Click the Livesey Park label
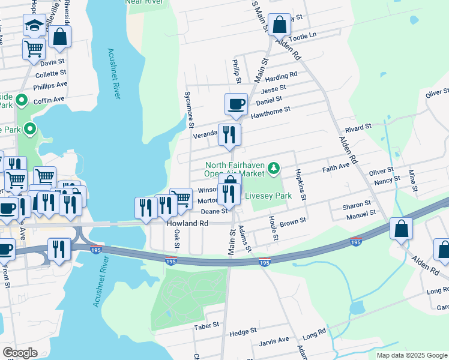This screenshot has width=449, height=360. point(268,196)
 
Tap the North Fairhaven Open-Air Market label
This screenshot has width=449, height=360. point(235,169)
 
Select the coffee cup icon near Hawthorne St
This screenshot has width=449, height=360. point(237,104)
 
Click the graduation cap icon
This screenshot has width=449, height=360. point(35,25)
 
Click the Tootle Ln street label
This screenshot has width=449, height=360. point(303,37)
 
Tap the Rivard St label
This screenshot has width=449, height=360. point(358,127)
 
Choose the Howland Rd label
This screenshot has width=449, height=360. point(187,223)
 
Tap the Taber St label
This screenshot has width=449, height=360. point(203,326)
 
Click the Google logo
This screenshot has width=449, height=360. point(20,353)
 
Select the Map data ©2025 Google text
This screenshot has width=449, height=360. point(411,355)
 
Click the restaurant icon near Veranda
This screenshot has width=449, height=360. point(229,135)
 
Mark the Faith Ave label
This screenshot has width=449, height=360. point(336,166)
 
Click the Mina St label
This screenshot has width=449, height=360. point(413,179)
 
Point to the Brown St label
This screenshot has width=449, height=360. point(293,221)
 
